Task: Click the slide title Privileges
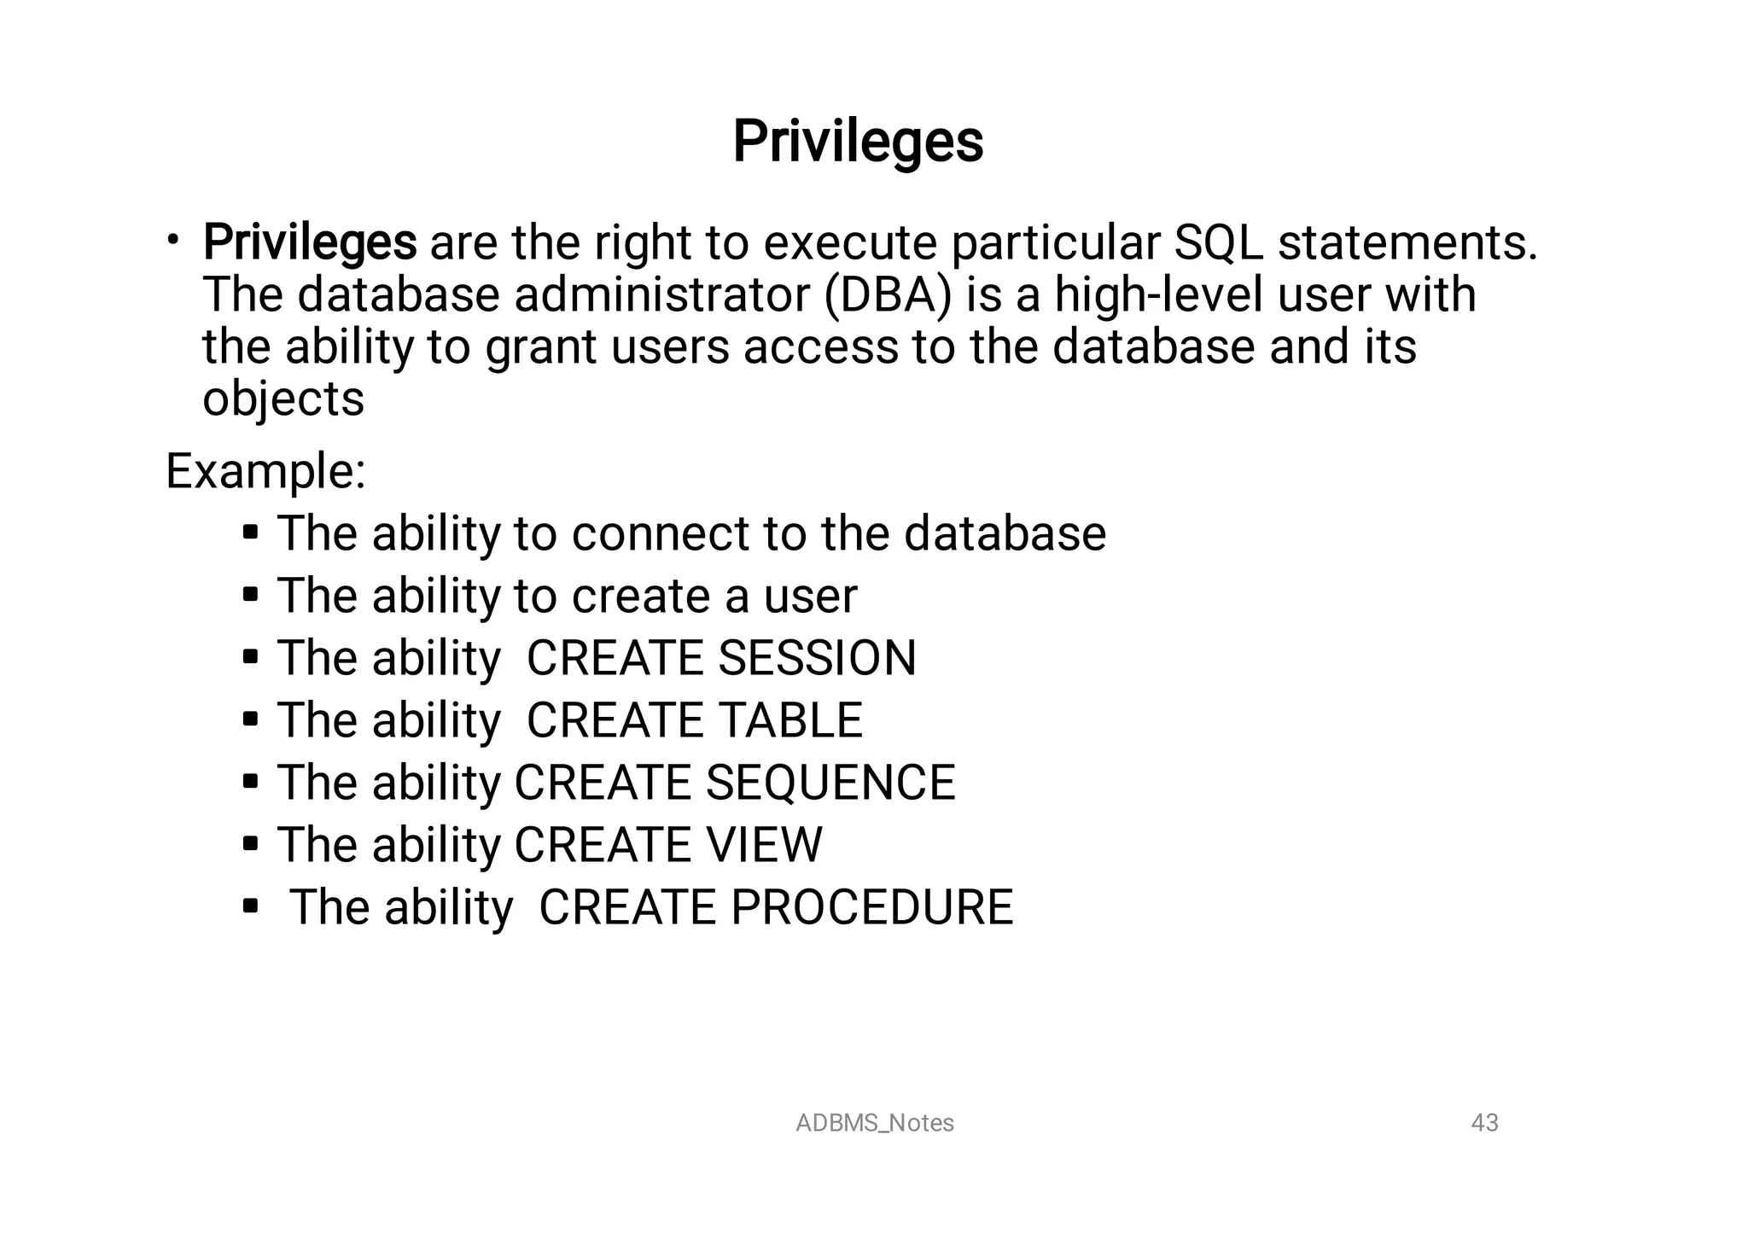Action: point(858,142)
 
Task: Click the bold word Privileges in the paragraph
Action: point(310,242)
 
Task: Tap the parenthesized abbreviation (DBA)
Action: point(889,295)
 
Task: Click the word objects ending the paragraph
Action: point(283,399)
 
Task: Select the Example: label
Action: point(265,471)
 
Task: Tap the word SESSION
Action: point(817,658)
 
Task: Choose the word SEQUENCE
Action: point(830,783)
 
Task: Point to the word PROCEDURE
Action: point(871,907)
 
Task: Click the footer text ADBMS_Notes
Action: point(874,1123)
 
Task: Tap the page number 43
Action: point(1484,1123)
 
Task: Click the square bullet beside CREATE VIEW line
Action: point(250,844)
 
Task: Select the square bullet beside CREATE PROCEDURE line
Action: point(250,906)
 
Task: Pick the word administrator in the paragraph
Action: point(661,295)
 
